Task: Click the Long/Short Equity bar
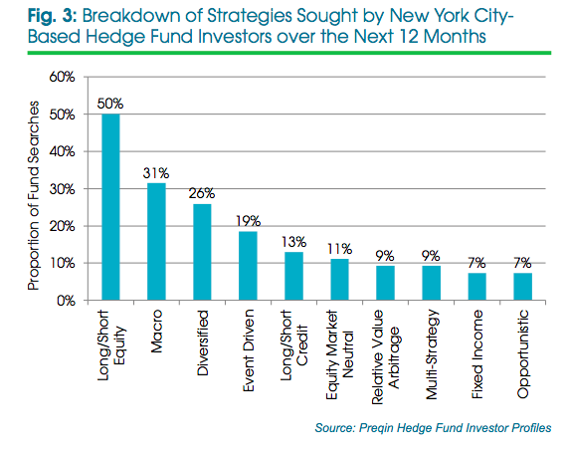click(x=110, y=207)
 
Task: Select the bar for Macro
click(x=156, y=242)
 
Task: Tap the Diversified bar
click(x=202, y=252)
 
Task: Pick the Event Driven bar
click(x=248, y=266)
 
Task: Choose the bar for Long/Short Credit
click(x=293, y=276)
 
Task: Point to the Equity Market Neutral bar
click(x=339, y=280)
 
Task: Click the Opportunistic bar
click(x=522, y=287)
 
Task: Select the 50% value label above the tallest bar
click(x=110, y=104)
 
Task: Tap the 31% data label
click(x=156, y=173)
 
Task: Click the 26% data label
click(x=202, y=193)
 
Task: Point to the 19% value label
click(x=248, y=221)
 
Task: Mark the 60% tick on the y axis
click(x=62, y=77)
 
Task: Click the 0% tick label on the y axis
click(x=66, y=301)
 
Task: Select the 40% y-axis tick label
click(x=62, y=151)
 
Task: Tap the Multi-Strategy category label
click(x=431, y=354)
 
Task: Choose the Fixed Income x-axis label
click(x=477, y=353)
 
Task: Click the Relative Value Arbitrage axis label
click(x=385, y=356)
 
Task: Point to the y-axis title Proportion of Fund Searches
click(x=34, y=195)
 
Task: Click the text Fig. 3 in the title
click(x=52, y=16)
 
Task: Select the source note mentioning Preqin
click(x=433, y=428)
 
